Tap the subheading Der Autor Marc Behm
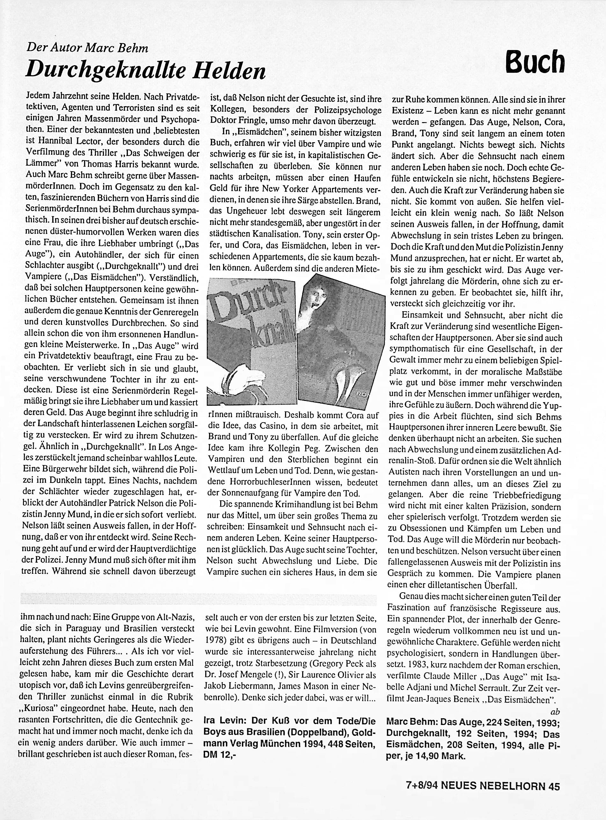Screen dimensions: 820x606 pos(87,48)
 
